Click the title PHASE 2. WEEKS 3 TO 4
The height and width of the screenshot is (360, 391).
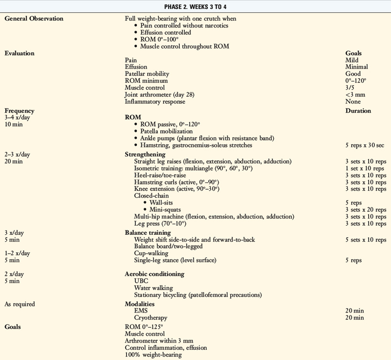195,6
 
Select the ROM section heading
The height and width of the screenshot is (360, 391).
133,117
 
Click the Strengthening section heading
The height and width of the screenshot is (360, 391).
146,154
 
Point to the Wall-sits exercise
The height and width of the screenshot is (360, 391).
161,202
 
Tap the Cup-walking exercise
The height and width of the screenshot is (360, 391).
151,253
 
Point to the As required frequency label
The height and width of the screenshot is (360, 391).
20,304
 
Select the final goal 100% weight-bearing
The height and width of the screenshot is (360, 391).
153,354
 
